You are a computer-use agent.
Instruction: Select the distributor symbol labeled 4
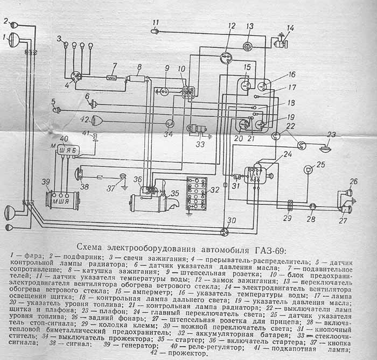tap(76, 76)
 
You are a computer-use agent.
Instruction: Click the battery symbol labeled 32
tap(196, 193)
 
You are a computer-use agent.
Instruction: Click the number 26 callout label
tap(353, 181)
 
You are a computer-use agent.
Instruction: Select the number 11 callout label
tap(156, 23)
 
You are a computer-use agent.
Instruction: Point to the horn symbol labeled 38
tap(79, 173)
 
